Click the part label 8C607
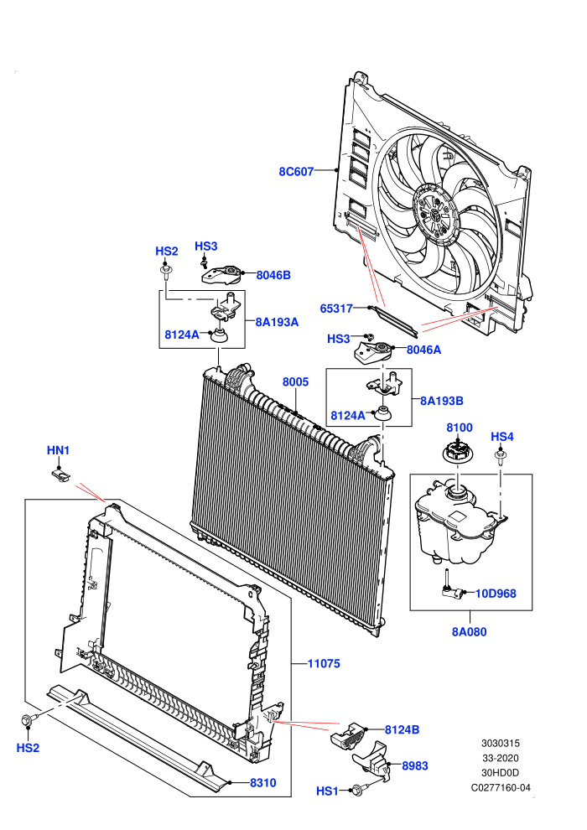click(296, 172)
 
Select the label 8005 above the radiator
click(295, 382)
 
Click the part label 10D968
click(496, 594)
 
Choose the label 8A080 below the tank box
click(469, 631)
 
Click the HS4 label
click(501, 437)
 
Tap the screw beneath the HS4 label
click(500, 456)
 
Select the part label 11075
click(324, 663)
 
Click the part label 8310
click(263, 783)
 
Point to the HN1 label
click(58, 450)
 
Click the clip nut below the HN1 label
click(62, 475)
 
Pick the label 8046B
click(273, 275)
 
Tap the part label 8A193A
click(277, 322)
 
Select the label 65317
click(336, 309)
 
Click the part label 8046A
click(423, 350)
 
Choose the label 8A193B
click(441, 402)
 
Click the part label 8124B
click(402, 730)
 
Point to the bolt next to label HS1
click(358, 791)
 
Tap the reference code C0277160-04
click(501, 787)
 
